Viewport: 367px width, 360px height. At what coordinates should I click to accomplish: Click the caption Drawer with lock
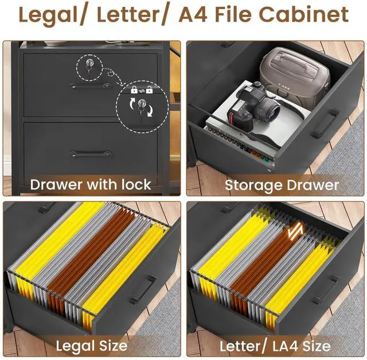point(91,184)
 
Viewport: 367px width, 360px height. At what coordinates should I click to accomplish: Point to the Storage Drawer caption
point(282,185)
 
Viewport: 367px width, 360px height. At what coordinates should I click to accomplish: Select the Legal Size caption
point(91,346)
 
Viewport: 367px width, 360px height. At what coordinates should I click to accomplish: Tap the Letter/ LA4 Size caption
point(275,346)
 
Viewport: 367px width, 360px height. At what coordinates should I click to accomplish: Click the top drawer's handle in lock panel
point(90,86)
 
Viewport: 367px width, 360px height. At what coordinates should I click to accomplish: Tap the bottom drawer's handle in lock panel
point(90,153)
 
